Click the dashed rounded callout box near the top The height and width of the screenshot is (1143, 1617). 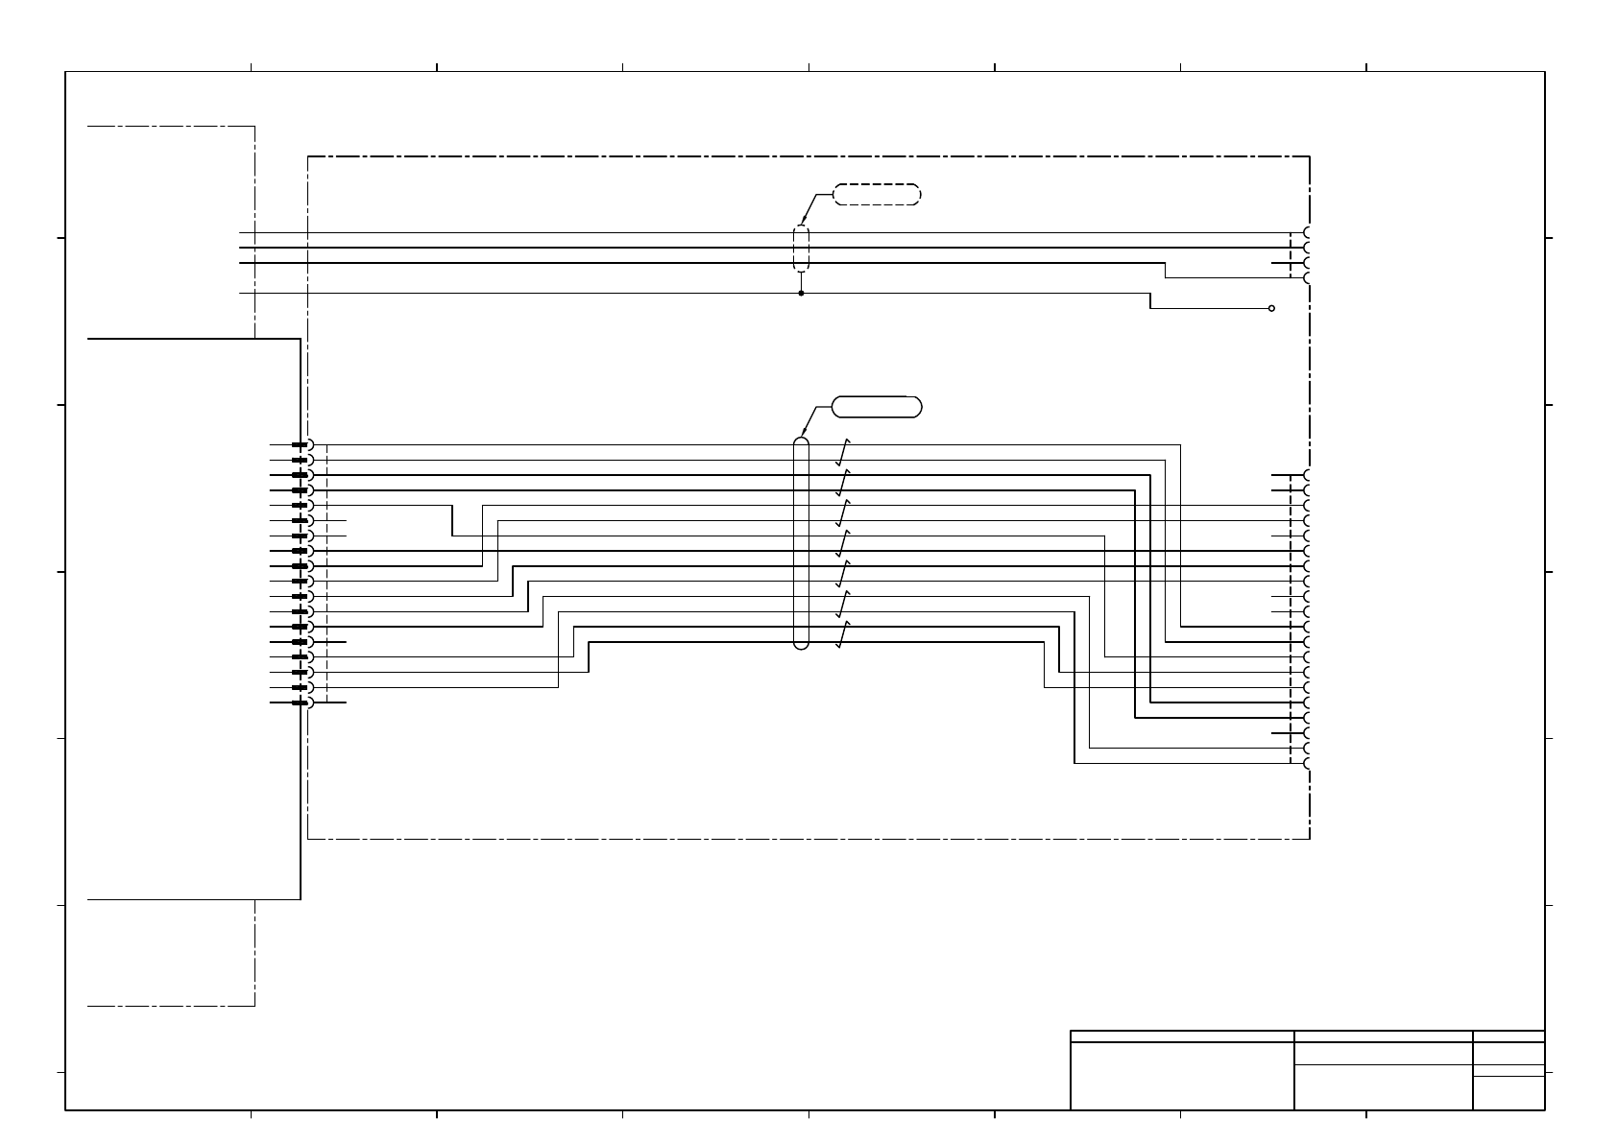coord(876,195)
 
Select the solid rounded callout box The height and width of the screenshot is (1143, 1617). coord(876,407)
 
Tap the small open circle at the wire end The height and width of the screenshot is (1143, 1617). coord(1271,308)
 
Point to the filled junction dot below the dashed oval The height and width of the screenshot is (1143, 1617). coord(801,294)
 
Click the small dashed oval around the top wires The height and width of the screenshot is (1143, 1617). coord(801,250)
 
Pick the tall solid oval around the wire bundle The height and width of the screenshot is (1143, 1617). coord(801,543)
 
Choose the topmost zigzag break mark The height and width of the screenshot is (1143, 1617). coord(843,451)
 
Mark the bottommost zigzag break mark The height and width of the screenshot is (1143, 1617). coord(843,634)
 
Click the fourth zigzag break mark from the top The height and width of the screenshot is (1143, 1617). coord(843,543)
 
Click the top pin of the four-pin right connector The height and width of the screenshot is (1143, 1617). coord(1308,232)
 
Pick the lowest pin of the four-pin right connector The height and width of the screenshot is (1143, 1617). coord(1308,278)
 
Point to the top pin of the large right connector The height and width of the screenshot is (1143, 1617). coord(1308,475)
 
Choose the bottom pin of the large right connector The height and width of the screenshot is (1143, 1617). coord(1308,764)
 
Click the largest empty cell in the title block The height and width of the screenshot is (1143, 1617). coord(1182,1076)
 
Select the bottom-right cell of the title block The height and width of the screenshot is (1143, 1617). coord(1508,1093)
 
